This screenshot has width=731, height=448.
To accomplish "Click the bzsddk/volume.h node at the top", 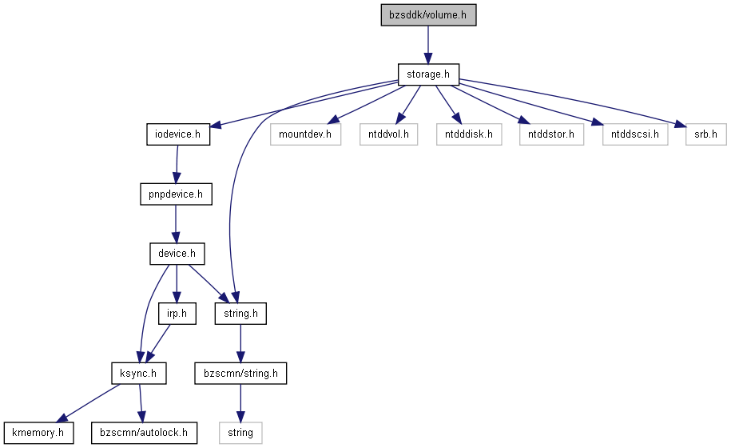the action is (x=428, y=15).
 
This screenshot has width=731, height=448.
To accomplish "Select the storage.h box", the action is (x=428, y=74).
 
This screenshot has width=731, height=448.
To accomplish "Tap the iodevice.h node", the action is (x=178, y=134).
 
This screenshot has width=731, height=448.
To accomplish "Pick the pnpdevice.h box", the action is (x=176, y=194).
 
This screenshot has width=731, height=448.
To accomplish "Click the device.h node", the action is (x=177, y=254).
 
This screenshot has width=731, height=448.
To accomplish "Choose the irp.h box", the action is (x=177, y=314).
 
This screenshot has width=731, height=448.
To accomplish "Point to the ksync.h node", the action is (x=139, y=374).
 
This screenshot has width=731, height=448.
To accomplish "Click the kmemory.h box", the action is (x=38, y=433).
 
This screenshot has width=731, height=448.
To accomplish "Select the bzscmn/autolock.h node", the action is (x=144, y=433).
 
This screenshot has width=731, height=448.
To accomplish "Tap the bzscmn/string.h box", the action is (x=240, y=374).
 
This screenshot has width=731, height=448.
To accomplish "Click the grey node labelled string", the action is (x=240, y=433).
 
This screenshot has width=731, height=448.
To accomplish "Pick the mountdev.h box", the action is (x=305, y=134).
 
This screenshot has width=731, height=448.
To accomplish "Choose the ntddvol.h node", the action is (x=388, y=134).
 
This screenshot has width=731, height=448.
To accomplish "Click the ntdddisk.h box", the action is (x=469, y=134).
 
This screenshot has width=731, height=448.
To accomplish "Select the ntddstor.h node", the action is (x=551, y=134).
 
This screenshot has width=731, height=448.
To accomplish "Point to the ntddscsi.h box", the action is (x=635, y=134).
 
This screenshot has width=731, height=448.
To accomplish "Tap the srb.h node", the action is (x=705, y=134).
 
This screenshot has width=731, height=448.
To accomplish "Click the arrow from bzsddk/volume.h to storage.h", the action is (x=428, y=45).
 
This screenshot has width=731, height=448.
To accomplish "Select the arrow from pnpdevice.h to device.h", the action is (x=176, y=224).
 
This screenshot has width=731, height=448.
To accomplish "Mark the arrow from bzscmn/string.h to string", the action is (x=240, y=403).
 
